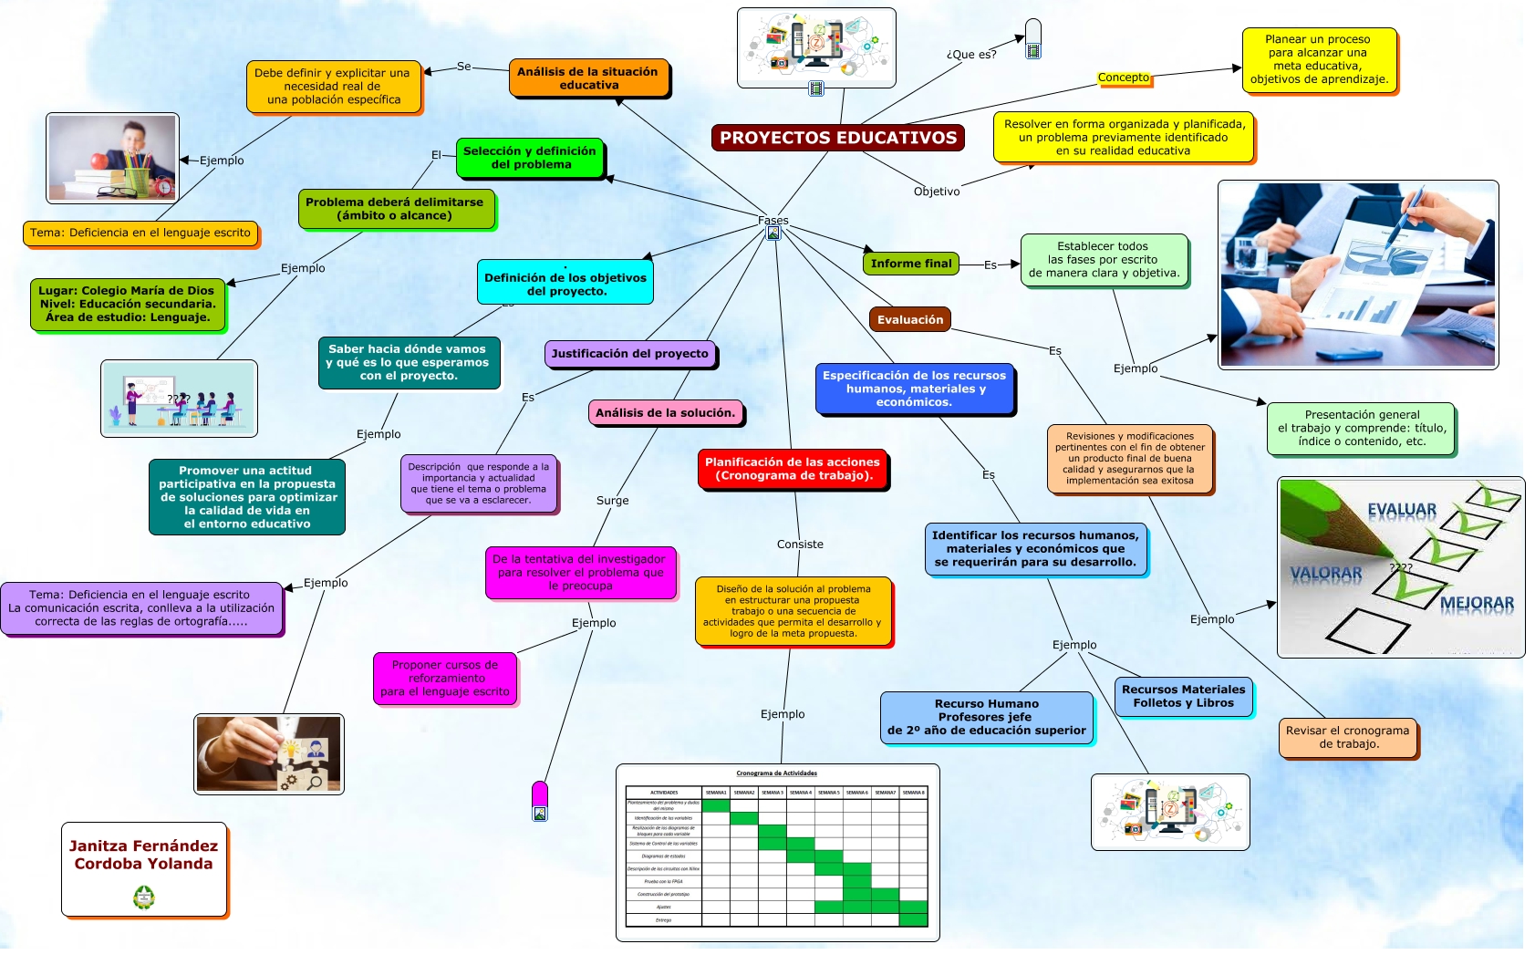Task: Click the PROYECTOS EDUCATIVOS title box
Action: (837, 138)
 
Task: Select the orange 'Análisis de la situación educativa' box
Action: (588, 78)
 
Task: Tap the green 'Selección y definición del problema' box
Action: (529, 158)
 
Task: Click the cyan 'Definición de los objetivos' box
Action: (565, 284)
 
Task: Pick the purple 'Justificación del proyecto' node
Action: (629, 354)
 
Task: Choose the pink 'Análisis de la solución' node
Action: (665, 413)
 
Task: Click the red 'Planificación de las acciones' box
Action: (792, 469)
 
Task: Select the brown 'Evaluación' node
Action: (909, 320)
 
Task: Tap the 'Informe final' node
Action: (910, 264)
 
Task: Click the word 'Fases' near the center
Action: (773, 221)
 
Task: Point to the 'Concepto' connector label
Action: (1124, 78)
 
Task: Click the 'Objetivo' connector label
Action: (937, 192)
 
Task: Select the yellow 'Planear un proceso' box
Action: (1318, 59)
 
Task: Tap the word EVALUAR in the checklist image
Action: (1401, 510)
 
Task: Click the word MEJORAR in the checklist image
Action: (1476, 603)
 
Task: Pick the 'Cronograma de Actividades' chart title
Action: (776, 773)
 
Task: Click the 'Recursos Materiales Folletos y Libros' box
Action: (1183, 697)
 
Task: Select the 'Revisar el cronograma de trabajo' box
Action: (1347, 737)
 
